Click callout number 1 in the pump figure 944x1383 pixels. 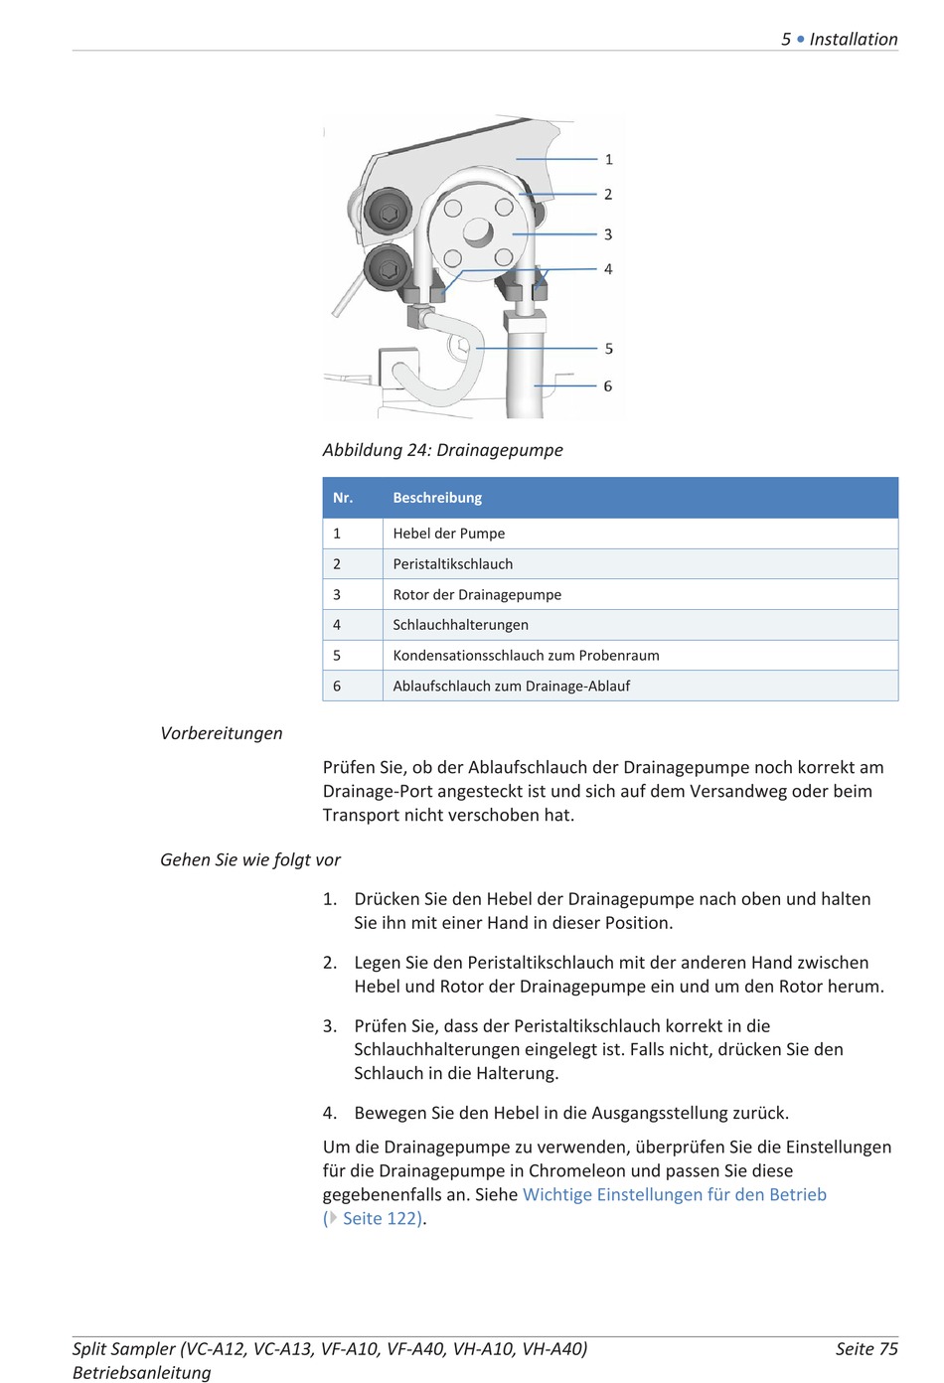(609, 159)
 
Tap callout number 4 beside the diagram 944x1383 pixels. (608, 269)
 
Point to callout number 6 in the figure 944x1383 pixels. (608, 386)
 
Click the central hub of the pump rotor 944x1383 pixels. (477, 232)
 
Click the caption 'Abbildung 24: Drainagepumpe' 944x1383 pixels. (442, 450)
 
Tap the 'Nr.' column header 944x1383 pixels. (343, 498)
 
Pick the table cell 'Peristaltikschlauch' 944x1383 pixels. (453, 564)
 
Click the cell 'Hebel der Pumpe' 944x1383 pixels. (449, 534)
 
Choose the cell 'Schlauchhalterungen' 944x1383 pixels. (460, 625)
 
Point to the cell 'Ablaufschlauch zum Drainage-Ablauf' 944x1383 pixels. (511, 687)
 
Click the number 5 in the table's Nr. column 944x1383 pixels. (337, 656)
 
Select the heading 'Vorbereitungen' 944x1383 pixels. (222, 733)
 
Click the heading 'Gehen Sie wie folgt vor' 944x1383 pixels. (250, 860)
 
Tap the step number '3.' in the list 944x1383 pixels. (330, 1026)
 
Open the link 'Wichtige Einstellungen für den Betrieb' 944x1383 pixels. (674, 1195)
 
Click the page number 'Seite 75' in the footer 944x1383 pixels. (866, 1349)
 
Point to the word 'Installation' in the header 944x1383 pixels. (854, 40)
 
